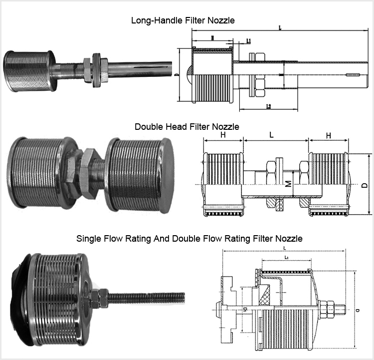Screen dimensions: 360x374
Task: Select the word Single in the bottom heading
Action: (x=89, y=239)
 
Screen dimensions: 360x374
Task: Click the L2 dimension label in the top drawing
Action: (x=269, y=106)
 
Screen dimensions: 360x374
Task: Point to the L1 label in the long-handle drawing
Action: (x=249, y=40)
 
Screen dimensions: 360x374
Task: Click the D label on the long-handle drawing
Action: (x=178, y=75)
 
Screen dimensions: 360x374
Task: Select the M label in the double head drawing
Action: (x=288, y=185)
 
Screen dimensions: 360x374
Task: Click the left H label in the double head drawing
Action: (x=223, y=136)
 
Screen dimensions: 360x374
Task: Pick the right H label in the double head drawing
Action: (x=328, y=136)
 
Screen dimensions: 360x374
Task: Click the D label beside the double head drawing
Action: (x=365, y=185)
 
